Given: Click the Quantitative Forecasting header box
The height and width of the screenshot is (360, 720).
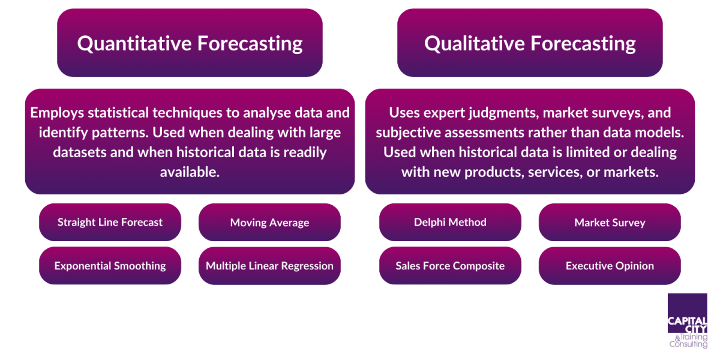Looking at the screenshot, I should coord(190,43).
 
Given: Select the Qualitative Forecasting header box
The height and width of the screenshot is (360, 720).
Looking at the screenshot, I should coord(530,43).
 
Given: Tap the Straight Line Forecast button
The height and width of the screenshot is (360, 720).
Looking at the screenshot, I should coord(110,222).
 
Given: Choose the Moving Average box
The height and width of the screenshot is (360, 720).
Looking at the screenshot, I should coord(269,223).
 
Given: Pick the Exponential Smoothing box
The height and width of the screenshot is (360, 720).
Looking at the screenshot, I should coord(110,266).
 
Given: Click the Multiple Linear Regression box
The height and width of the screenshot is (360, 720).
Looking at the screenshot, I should coord(269,266).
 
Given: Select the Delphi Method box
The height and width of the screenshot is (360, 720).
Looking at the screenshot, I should coord(450,222).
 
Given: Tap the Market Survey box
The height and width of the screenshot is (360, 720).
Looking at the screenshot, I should coord(610,223).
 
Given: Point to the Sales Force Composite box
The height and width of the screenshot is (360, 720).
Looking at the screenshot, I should coord(450,266).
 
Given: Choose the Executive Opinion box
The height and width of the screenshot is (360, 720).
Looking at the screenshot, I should coord(610,266).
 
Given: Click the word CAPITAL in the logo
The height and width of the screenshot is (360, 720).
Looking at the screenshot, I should coord(687,320).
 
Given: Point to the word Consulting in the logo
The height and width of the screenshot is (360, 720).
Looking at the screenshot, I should coord(688,344).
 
